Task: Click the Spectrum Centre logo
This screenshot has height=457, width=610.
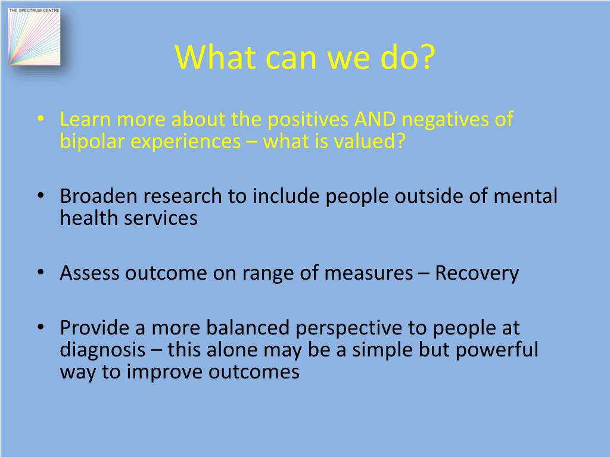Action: [35, 35]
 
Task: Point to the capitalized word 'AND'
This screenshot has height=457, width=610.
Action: [375, 120]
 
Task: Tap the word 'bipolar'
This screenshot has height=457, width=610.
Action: [92, 142]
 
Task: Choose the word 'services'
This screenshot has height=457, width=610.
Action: [161, 218]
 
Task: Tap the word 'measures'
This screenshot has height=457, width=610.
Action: [368, 273]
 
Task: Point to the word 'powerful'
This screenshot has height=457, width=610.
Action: [497, 349]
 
